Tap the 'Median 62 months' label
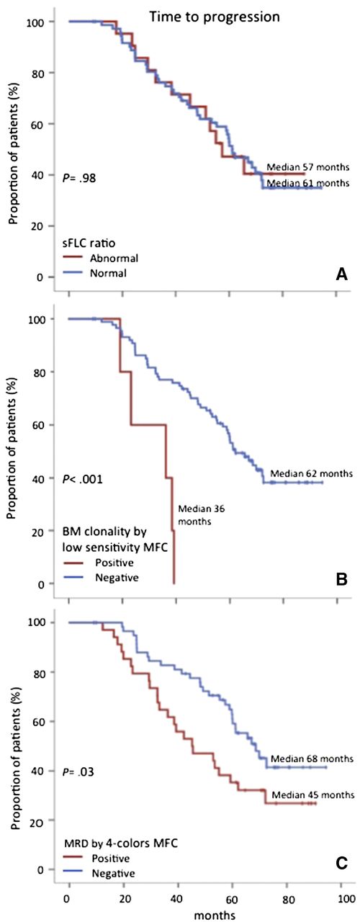[x=311, y=473]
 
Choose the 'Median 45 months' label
[x=312, y=795]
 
